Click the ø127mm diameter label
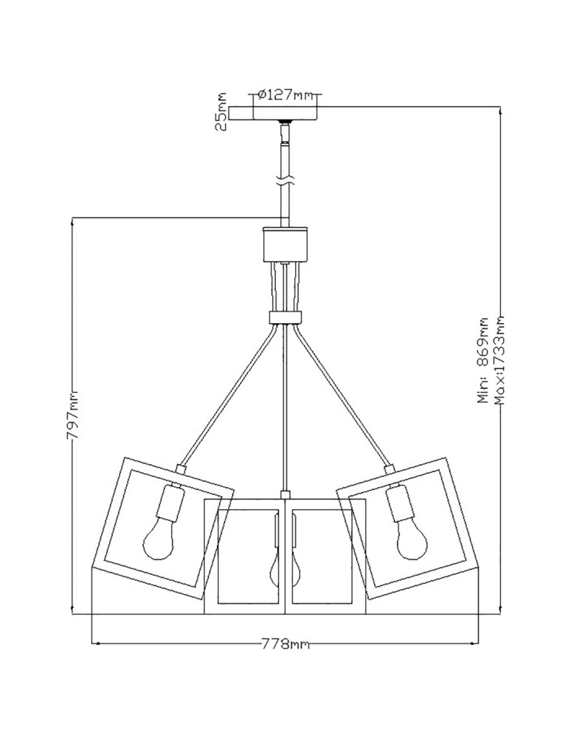[x=285, y=95]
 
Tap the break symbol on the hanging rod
[x=285, y=179]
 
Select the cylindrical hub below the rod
[x=285, y=244]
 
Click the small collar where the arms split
[x=285, y=317]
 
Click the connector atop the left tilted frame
[x=180, y=468]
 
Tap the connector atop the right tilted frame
[x=389, y=468]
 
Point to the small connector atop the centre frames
[x=285, y=493]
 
